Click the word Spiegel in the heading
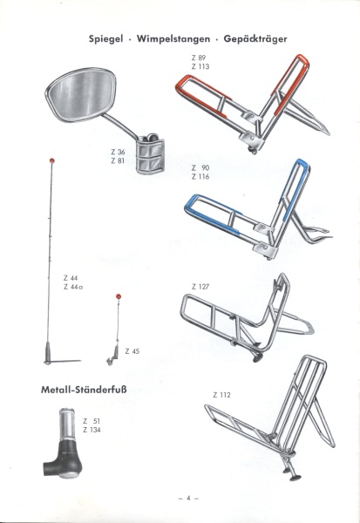click(x=105, y=39)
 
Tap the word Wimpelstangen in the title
click(x=173, y=39)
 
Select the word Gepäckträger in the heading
click(x=255, y=39)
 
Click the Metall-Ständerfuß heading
click(x=84, y=390)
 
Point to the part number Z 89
click(x=199, y=58)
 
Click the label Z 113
click(x=200, y=67)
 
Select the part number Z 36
click(x=118, y=152)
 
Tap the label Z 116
click(x=200, y=177)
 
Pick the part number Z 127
click(x=200, y=287)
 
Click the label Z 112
click(x=221, y=395)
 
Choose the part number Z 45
click(x=132, y=351)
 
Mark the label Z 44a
click(x=73, y=287)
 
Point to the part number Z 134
click(x=92, y=430)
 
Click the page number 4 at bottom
click(x=188, y=498)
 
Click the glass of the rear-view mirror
click(x=81, y=94)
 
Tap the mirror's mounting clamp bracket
click(x=151, y=153)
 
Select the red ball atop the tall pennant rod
click(x=51, y=160)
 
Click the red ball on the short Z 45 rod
click(x=118, y=296)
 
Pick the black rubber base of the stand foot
click(x=63, y=459)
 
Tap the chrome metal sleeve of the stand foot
click(x=70, y=424)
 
